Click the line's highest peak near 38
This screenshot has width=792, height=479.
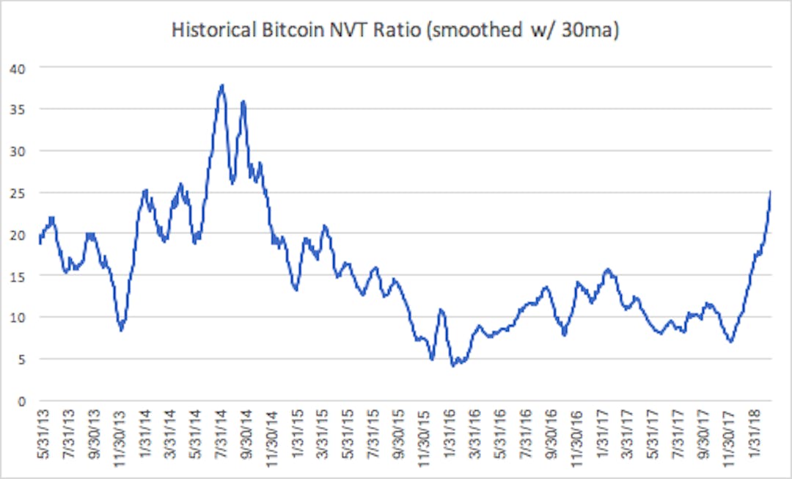221,85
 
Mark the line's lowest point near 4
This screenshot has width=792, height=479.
453,365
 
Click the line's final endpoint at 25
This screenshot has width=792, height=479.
770,191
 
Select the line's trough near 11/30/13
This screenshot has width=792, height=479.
121,331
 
